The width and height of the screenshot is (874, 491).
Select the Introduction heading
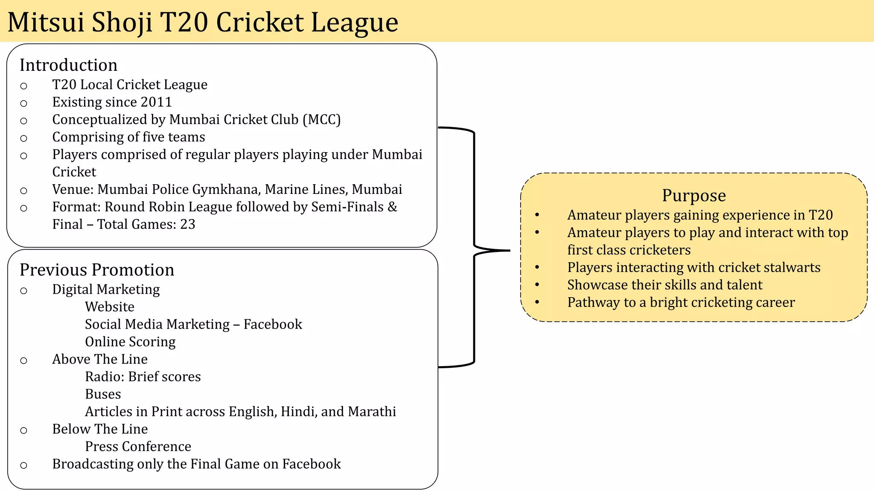tap(68, 65)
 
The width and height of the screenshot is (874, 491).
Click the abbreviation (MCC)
tap(322, 120)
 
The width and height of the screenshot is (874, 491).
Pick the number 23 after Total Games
tap(187, 225)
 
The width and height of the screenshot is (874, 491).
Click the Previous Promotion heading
tap(97, 270)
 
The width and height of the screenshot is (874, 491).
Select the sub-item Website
tap(110, 307)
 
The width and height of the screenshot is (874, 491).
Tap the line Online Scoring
tap(130, 342)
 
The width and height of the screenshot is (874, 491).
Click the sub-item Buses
tap(103, 395)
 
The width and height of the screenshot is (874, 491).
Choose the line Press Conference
tap(138, 447)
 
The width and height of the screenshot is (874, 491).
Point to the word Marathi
tap(372, 412)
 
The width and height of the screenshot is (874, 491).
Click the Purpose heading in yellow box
tap(693, 196)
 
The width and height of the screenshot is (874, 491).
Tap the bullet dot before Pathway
tap(537, 302)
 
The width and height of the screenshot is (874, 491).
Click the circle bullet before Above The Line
tap(24, 361)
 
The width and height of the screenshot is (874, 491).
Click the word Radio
tap(104, 377)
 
